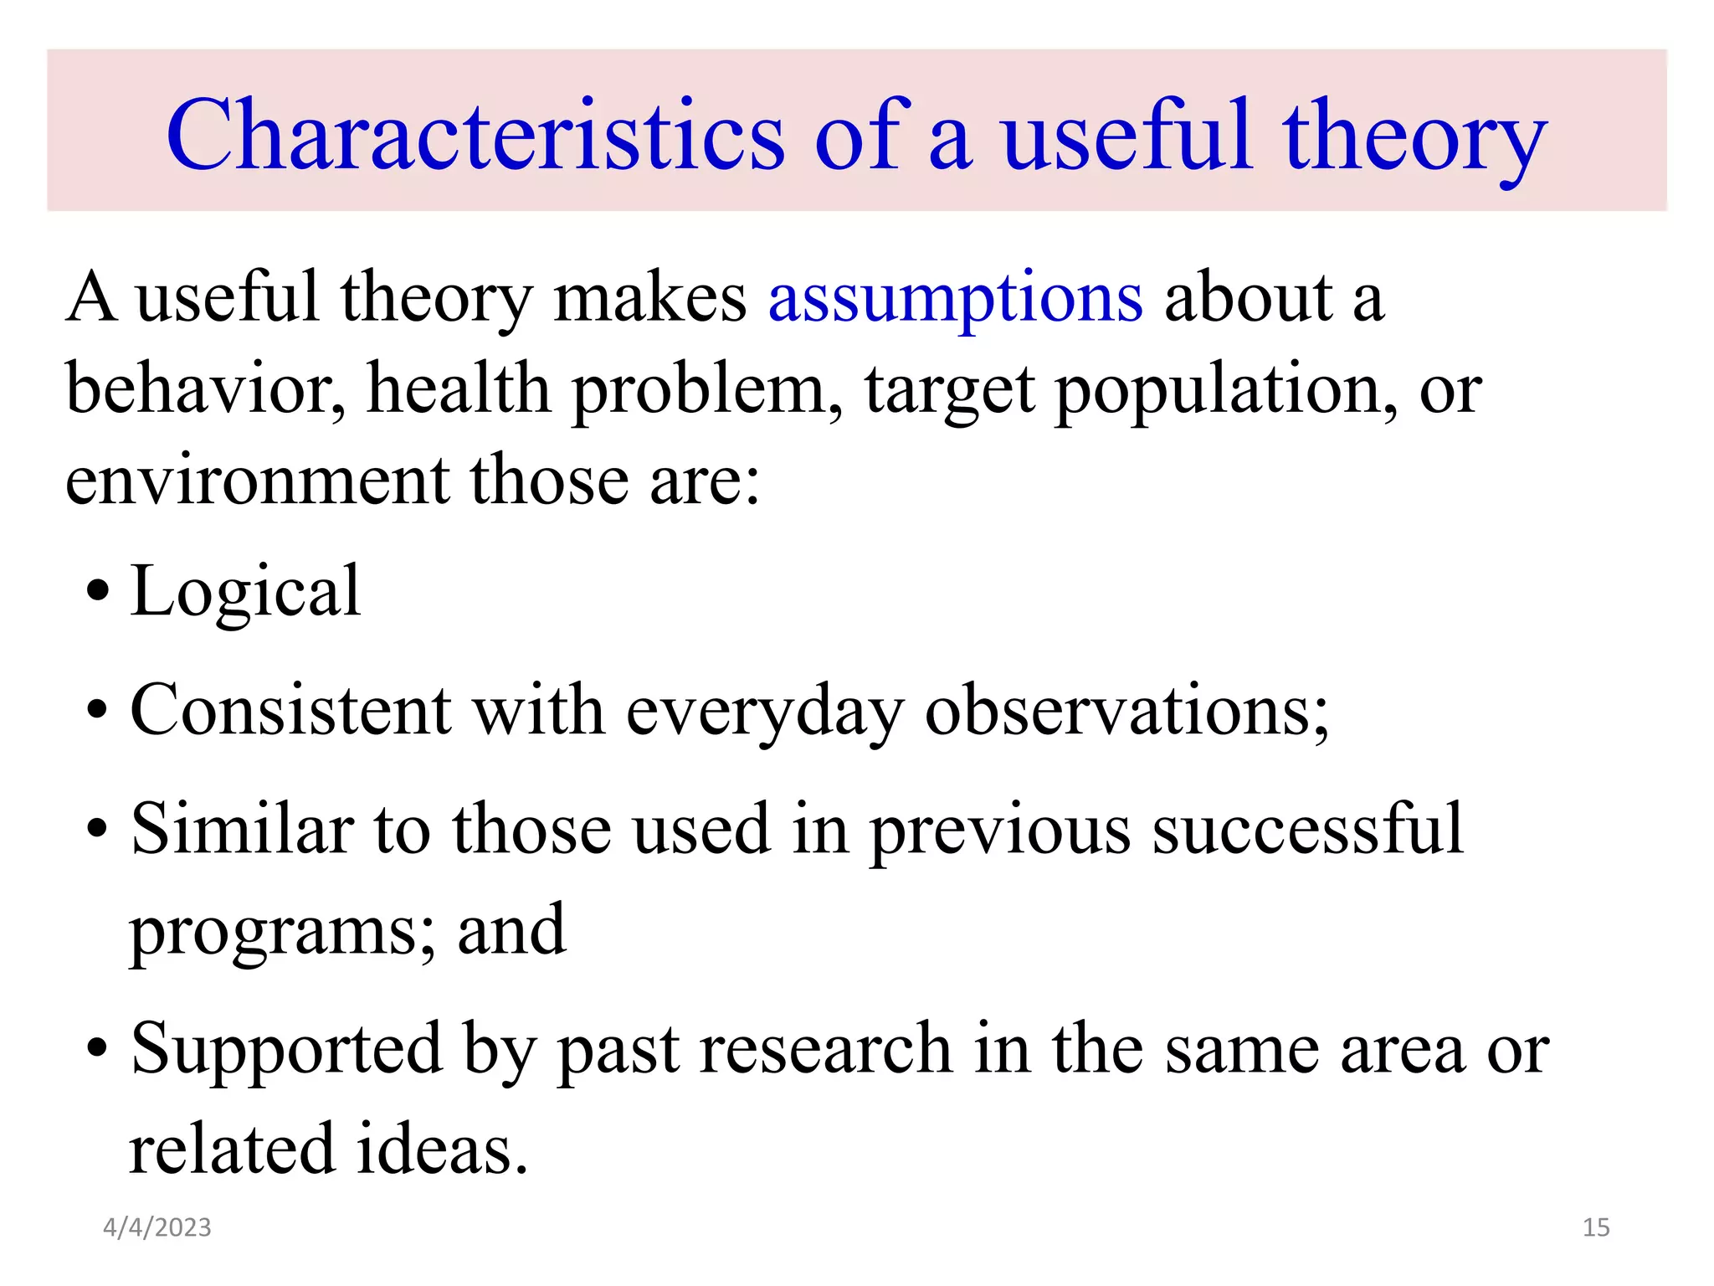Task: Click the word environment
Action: point(257,481)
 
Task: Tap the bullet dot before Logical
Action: point(98,591)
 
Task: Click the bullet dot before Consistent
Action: point(98,711)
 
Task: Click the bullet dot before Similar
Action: point(98,829)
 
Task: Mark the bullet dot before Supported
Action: point(98,1048)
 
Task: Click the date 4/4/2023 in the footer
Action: point(157,1227)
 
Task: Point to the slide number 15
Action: point(1596,1227)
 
